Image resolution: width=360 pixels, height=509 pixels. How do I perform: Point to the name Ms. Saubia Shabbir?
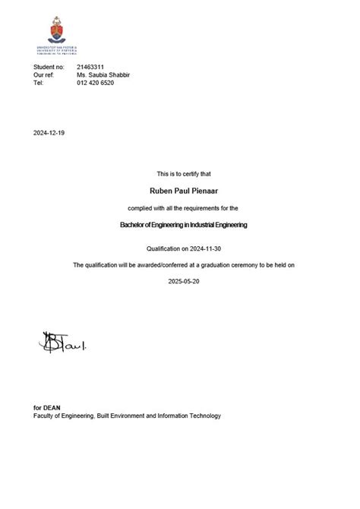tap(106, 76)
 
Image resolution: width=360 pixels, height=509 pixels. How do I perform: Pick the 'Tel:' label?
tap(39, 84)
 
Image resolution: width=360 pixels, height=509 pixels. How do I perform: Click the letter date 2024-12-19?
tap(49, 132)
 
